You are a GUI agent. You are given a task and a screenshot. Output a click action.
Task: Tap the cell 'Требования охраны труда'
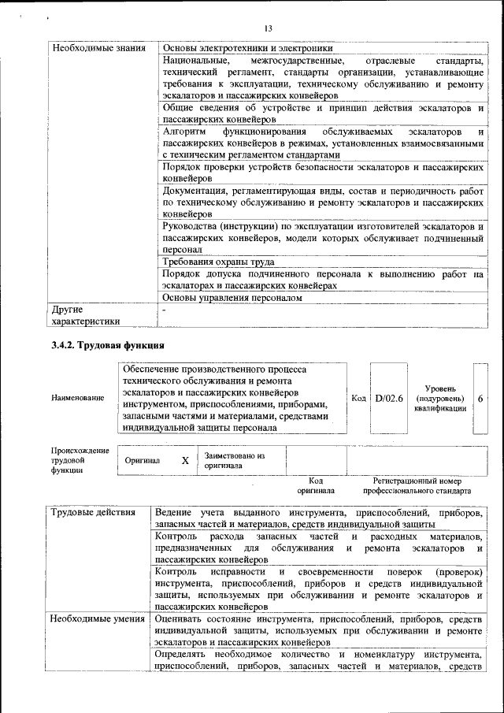pyautogui.click(x=218, y=262)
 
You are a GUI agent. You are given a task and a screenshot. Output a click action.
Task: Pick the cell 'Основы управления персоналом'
pyautogui.click(x=232, y=299)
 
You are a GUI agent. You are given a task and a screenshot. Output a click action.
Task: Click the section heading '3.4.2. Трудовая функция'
pyautogui.click(x=107, y=346)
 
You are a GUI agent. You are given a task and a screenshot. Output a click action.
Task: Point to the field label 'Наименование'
pyautogui.click(x=77, y=399)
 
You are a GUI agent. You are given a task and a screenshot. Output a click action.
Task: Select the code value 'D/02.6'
pyautogui.click(x=389, y=399)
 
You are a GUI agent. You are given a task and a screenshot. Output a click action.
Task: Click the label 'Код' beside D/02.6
pyautogui.click(x=358, y=399)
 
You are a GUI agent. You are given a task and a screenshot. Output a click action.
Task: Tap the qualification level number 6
pyautogui.click(x=480, y=399)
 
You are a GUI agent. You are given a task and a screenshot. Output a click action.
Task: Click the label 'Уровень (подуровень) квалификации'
pyautogui.click(x=439, y=399)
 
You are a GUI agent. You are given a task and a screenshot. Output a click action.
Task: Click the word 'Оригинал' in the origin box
pyautogui.click(x=142, y=460)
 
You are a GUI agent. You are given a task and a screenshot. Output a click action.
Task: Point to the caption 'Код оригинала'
pyautogui.click(x=316, y=485)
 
